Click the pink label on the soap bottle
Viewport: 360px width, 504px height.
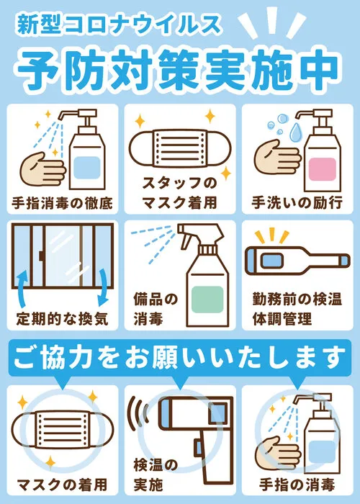(x=323, y=168)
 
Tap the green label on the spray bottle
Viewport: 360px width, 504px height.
(x=207, y=300)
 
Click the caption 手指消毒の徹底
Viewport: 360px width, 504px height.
(x=63, y=203)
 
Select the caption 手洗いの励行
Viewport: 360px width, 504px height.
(x=297, y=203)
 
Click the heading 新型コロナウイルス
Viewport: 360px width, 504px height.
(x=119, y=25)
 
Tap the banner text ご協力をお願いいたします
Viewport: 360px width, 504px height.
(x=180, y=357)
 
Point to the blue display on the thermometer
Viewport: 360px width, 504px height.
(x=271, y=261)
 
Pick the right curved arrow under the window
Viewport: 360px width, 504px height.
(x=102, y=287)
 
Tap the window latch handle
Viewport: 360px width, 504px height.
(x=42, y=256)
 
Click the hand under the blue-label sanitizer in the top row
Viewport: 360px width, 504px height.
(x=42, y=168)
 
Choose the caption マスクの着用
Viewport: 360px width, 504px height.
(x=63, y=485)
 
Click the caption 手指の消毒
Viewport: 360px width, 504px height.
(x=297, y=485)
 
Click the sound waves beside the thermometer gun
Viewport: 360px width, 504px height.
(x=138, y=413)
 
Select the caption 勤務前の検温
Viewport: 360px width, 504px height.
(x=297, y=300)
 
